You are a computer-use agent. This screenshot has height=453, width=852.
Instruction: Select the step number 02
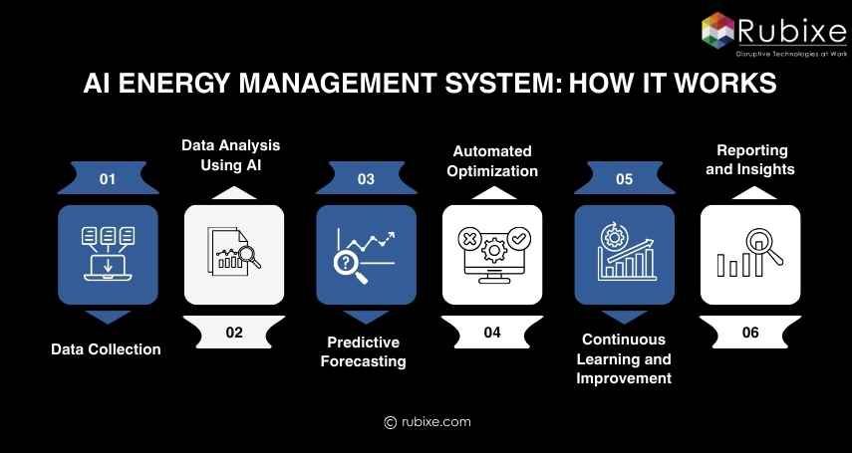(x=234, y=333)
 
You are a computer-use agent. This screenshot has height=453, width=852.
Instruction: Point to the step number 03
(x=366, y=179)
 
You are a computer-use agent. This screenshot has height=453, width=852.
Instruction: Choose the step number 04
(x=492, y=333)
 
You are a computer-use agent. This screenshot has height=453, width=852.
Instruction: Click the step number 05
(x=624, y=179)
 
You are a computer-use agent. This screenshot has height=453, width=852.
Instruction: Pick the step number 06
(x=750, y=333)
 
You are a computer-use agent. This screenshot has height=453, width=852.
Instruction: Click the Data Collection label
(x=106, y=349)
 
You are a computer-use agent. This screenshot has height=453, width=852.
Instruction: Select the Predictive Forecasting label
(x=363, y=351)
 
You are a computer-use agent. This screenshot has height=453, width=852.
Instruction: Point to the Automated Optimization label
(x=493, y=161)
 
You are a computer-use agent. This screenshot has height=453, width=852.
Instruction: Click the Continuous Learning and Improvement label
(x=624, y=359)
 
